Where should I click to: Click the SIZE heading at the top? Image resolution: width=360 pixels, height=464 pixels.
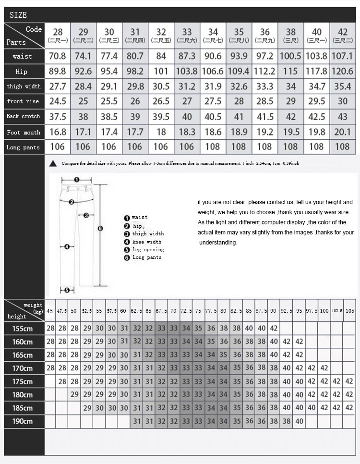(18, 15)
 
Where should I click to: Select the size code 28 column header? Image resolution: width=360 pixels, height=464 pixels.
(58, 35)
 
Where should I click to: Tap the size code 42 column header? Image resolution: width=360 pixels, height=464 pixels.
(343, 35)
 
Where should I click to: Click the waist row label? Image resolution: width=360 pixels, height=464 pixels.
(23, 56)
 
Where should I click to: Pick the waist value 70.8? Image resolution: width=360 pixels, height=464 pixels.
(58, 56)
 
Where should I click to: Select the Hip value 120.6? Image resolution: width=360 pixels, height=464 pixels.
(343, 72)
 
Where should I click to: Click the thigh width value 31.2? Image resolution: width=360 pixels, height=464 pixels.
(187, 86)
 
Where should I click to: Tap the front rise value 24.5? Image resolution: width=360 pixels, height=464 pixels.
(58, 101)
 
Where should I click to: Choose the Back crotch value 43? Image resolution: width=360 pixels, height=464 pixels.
(343, 116)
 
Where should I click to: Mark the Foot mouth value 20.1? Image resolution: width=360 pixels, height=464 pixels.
(343, 132)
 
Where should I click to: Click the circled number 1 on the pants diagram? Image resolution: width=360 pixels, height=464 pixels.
(76, 180)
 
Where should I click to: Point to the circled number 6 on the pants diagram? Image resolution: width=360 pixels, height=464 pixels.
(100, 229)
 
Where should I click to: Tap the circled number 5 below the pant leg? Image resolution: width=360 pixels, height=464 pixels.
(67, 290)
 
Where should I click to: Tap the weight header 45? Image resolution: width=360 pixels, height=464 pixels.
(49, 311)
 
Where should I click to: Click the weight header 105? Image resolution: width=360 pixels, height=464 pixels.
(349, 311)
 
